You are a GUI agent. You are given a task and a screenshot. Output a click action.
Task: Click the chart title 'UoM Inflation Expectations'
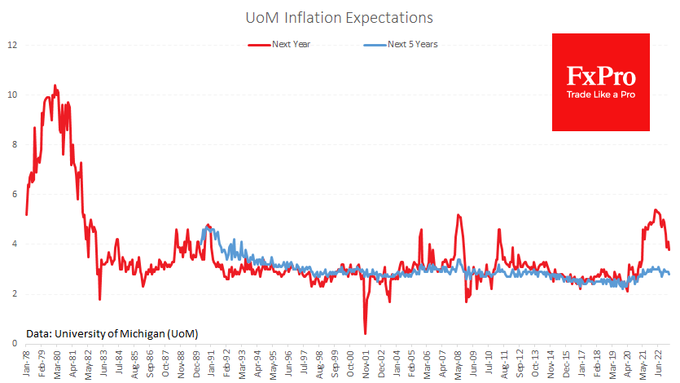coord(340,16)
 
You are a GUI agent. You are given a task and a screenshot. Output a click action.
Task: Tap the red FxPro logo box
coord(601,81)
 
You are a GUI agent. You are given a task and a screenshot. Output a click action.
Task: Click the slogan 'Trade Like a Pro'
coord(601,95)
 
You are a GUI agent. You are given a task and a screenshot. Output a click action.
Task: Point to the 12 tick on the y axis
coord(12,44)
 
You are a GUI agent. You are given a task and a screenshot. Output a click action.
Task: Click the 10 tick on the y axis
coord(12,95)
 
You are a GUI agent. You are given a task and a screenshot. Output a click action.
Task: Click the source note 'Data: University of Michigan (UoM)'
coord(112,333)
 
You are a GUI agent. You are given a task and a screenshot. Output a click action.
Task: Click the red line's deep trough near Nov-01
coord(365,332)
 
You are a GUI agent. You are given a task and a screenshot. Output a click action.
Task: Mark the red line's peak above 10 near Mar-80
coord(55,86)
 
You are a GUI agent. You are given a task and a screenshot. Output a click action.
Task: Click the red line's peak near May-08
coord(458,215)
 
